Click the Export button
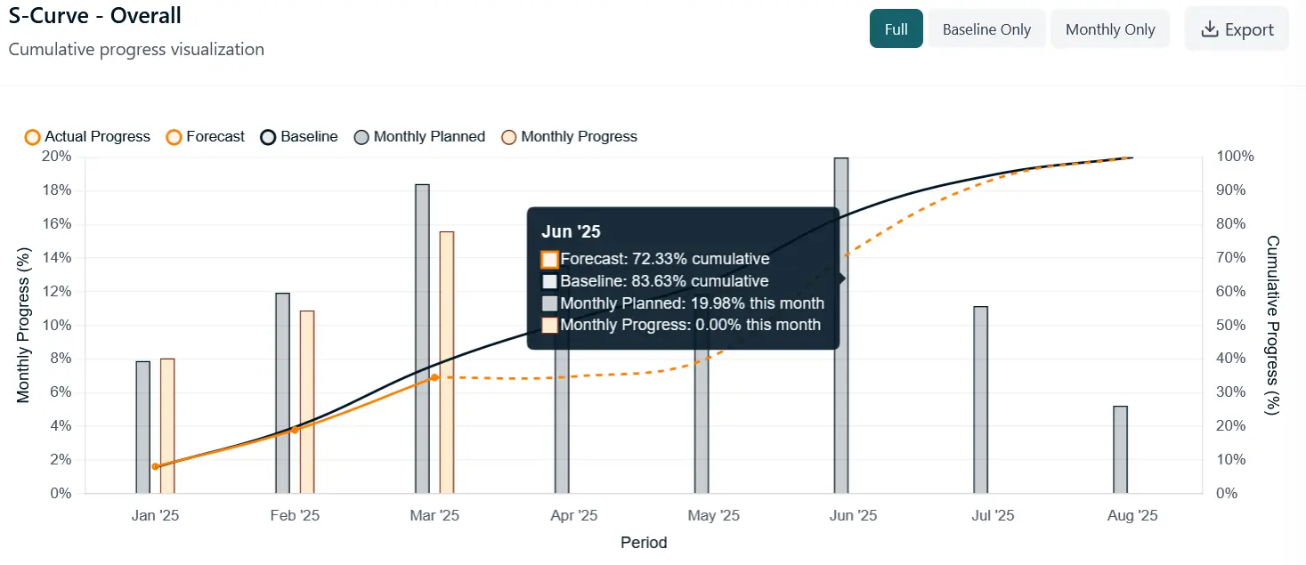point(1237,29)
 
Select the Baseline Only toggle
point(986,29)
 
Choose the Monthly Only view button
point(1110,29)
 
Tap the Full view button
point(896,29)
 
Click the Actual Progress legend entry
point(87,137)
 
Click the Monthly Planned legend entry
point(419,137)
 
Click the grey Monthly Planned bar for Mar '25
point(422,338)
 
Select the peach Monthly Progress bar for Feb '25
point(307,401)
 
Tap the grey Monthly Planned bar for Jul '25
point(980,400)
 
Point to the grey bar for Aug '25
point(1120,449)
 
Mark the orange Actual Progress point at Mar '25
point(434,377)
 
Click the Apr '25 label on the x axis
point(574,516)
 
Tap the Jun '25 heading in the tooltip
point(571,232)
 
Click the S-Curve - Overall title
point(94,16)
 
